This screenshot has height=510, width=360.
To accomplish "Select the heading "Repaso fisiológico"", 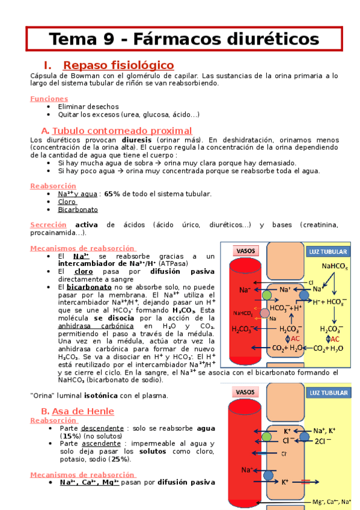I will coord(118,65).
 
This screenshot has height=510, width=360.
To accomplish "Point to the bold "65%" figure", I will coord(112,194).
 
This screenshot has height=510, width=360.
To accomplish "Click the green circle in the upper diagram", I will coord(267,295).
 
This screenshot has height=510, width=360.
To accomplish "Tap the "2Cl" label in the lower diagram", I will coord(322,441).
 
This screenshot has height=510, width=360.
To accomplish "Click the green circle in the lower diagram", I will coord(266,436).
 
